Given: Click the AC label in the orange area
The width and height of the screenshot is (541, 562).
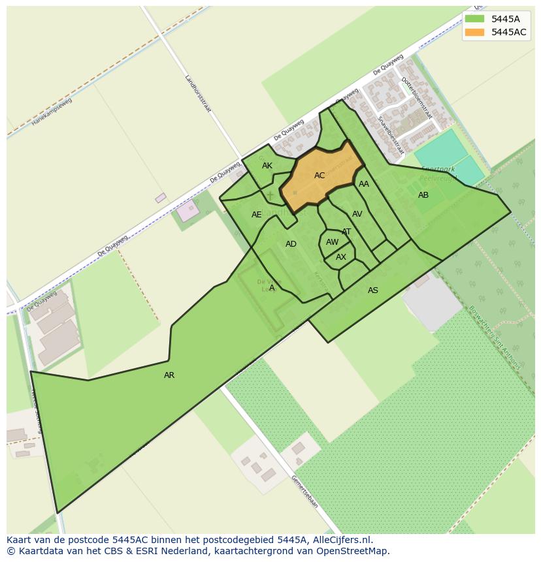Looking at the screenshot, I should (320, 176).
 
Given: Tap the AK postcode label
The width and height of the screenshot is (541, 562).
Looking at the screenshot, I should (267, 166).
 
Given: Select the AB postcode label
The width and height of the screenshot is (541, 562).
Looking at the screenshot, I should (423, 195).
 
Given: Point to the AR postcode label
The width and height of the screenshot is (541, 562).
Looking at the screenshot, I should (169, 375).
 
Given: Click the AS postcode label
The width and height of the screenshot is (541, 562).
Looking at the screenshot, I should (373, 290).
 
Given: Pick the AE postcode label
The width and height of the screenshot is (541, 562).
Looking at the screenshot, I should (257, 215).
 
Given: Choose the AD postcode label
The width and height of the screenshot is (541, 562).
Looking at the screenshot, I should (291, 244).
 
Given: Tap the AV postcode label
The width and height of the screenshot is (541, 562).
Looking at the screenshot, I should (357, 214).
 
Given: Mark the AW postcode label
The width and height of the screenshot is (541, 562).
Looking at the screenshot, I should (333, 242).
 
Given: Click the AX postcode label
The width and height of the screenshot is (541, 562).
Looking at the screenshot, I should (341, 257).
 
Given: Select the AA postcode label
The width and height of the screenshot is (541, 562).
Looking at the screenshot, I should (364, 184).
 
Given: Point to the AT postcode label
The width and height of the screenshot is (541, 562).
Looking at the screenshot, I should (346, 232).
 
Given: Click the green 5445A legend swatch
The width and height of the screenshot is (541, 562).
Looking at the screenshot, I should (474, 19).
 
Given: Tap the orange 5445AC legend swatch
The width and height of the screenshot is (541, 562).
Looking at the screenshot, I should (474, 32).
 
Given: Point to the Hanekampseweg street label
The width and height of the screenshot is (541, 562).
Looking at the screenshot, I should (52, 112).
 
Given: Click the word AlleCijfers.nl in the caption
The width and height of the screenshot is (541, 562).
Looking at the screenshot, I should (340, 540).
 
